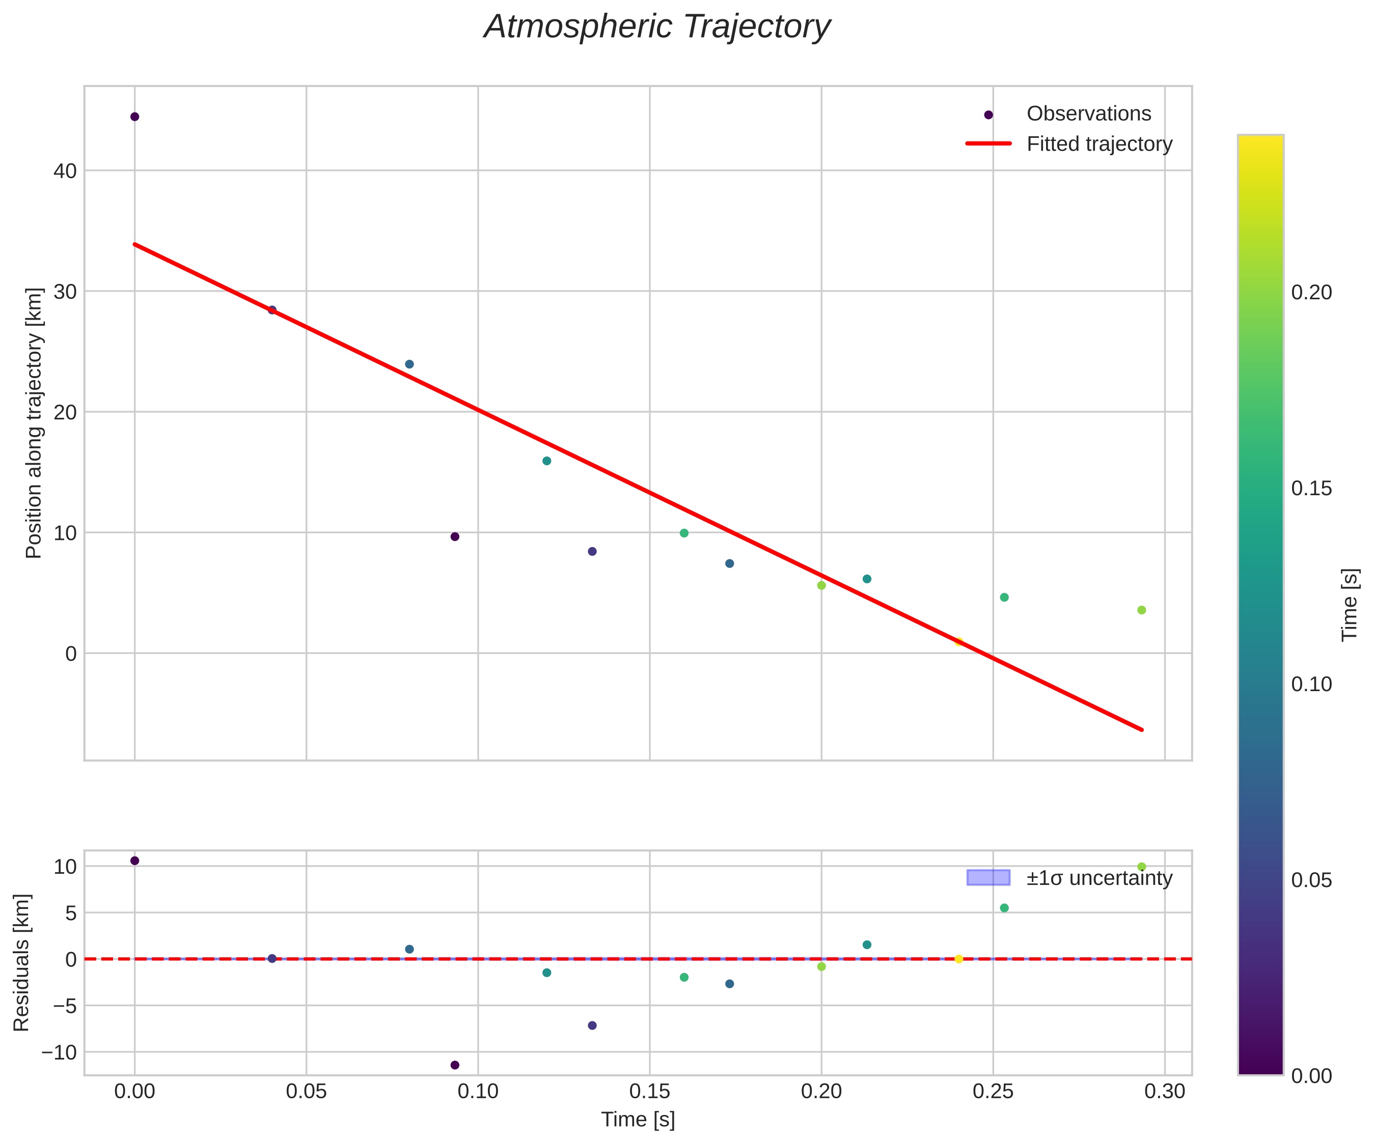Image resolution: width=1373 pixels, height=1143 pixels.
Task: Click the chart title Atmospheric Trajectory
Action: coord(656,27)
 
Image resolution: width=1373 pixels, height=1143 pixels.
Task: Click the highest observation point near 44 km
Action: coord(134,117)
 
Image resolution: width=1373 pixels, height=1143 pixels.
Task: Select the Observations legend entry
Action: coord(1088,113)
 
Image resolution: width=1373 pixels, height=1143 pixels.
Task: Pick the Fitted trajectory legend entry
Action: coord(1099,144)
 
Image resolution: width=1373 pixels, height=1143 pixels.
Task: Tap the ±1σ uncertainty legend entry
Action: coord(1099,878)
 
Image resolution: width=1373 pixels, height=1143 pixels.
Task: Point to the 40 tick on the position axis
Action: coord(65,171)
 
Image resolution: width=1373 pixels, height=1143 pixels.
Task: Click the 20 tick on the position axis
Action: coord(65,412)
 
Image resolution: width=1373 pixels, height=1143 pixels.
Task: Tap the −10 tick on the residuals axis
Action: coord(59,1052)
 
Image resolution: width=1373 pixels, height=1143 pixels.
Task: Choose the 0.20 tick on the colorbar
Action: coord(1311,292)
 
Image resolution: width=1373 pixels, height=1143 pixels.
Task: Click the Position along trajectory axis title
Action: coord(34,423)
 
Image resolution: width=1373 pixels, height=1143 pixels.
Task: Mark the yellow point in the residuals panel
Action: coord(958,959)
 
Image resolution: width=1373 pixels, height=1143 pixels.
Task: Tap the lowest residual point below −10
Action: coord(455,1065)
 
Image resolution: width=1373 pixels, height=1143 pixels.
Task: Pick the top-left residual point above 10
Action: coord(134,861)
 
